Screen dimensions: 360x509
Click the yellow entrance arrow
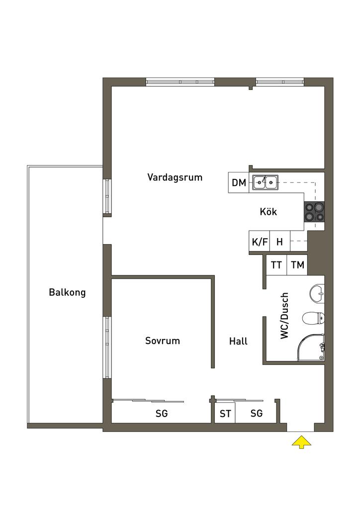point(301,442)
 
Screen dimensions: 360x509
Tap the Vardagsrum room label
point(175,177)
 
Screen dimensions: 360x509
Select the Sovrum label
point(162,340)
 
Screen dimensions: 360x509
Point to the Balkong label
point(67,292)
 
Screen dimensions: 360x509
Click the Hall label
point(238,341)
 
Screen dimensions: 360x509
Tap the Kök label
point(268,212)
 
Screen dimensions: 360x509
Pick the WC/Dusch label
point(284,316)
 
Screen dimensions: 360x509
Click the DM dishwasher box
point(239,183)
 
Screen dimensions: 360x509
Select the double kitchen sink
point(266,182)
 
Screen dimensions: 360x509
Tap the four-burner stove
point(314,212)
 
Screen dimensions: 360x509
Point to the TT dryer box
point(276,265)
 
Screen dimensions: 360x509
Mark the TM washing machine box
point(297,265)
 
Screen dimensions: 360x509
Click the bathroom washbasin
point(317,294)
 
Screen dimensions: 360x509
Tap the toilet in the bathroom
point(314,319)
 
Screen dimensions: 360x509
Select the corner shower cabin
point(311,347)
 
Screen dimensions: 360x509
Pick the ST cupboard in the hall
point(225,413)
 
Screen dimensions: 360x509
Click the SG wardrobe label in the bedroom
point(161,413)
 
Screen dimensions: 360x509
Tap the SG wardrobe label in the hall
point(257,413)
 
